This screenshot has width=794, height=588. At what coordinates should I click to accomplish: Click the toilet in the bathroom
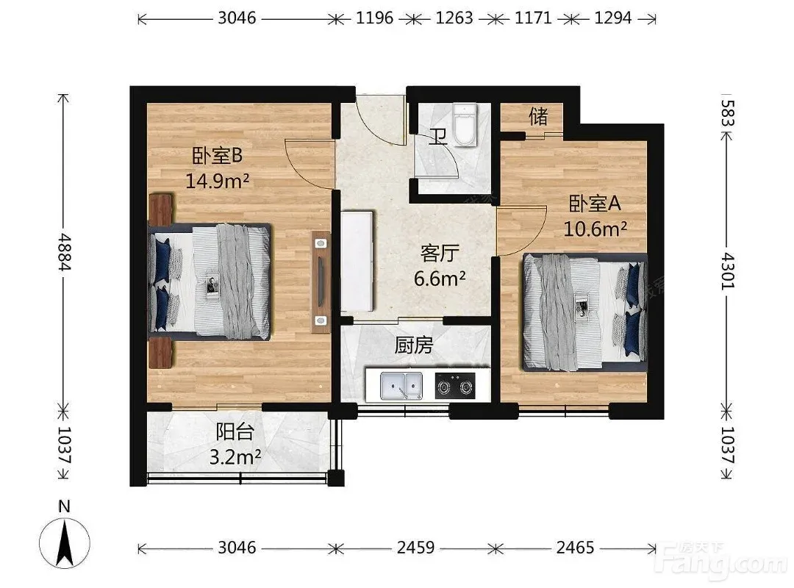[465, 125]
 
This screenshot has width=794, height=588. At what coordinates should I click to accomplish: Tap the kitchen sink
[401, 387]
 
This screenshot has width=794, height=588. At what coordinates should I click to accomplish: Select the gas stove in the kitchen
[456, 386]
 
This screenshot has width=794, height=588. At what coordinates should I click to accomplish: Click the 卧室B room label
[217, 156]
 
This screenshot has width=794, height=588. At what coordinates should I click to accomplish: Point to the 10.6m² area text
[595, 229]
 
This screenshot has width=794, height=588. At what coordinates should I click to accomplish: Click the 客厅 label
[440, 254]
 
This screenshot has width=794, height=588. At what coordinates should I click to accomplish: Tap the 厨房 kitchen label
[414, 345]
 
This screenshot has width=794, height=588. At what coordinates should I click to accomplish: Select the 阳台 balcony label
[235, 432]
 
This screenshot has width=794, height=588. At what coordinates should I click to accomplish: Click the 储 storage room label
[538, 116]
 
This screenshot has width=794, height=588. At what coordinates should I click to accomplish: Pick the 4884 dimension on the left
[64, 251]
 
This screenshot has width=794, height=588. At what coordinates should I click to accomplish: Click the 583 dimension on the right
[727, 113]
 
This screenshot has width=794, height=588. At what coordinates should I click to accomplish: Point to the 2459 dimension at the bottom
[415, 548]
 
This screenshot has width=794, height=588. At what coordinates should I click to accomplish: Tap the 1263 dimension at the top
[454, 18]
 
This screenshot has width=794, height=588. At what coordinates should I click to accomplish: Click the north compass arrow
[64, 544]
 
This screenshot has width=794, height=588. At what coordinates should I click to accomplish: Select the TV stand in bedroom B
[321, 282]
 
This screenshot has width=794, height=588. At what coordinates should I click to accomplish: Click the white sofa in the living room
[357, 262]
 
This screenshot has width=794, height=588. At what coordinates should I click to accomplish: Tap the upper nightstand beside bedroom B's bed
[161, 209]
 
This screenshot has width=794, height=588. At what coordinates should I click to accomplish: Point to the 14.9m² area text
[217, 180]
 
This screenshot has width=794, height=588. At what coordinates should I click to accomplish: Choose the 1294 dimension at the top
[612, 18]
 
